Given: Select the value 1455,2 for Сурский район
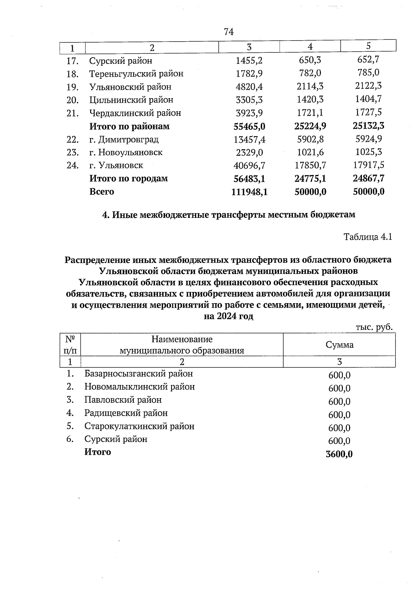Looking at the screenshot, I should (249, 61).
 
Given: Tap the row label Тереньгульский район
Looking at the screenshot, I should (136, 74).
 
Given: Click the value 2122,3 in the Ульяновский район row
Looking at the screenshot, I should (368, 86).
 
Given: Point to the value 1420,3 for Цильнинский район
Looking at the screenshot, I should (310, 100).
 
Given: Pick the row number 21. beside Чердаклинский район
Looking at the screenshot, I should (72, 113).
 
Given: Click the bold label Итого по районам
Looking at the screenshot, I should (129, 126).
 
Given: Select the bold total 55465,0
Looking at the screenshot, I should (249, 127).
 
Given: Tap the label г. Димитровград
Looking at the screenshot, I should (124, 139).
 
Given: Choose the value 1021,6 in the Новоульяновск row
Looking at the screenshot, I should (310, 152).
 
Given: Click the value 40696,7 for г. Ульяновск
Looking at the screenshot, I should (249, 166).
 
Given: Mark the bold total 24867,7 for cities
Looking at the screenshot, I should (368, 178).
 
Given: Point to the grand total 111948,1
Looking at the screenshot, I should (249, 192).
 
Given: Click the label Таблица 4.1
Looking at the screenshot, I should (367, 237).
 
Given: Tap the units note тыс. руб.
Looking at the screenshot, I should (374, 327).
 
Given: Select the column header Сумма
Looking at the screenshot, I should (339, 345).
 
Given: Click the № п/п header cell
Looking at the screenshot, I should (70, 344).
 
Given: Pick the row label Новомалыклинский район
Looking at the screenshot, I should (139, 387).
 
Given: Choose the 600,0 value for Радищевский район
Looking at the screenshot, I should (339, 415).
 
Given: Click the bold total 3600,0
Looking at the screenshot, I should (339, 454).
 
